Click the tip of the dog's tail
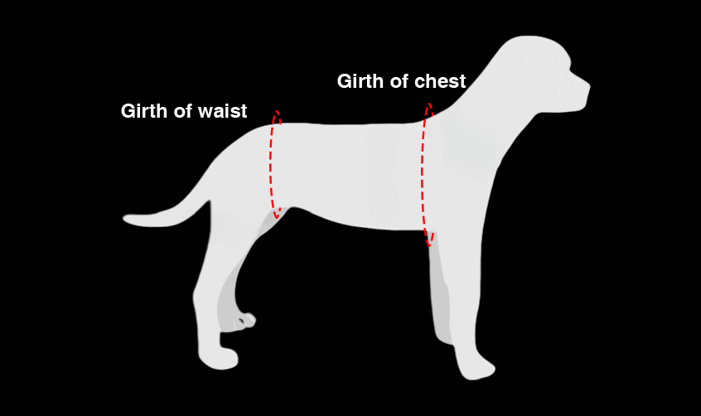click(123, 219)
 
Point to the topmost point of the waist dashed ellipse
click(277, 110)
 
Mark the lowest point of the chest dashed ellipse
click(429, 246)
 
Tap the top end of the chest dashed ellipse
click(429, 104)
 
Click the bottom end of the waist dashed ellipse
click(278, 218)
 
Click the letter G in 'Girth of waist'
click(128, 111)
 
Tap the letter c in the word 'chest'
click(420, 82)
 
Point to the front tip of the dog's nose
click(590, 86)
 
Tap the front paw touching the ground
click(476, 368)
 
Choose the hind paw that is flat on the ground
click(218, 358)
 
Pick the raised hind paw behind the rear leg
click(244, 322)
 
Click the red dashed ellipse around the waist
click(275, 164)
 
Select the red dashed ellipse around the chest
click(428, 175)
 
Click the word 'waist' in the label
click(223, 111)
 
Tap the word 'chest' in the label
click(440, 82)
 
